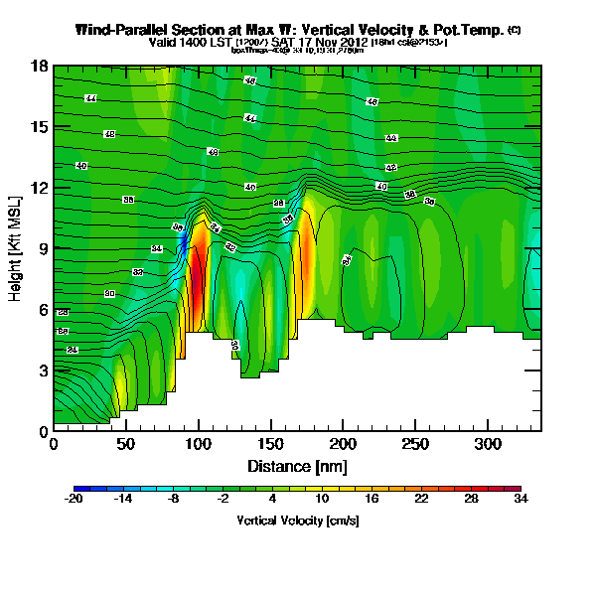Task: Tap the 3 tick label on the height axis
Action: pyautogui.click(x=44, y=371)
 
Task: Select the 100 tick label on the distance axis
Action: pyautogui.click(x=199, y=443)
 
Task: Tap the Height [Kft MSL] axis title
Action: pyautogui.click(x=17, y=248)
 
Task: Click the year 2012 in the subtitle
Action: pyautogui.click(x=351, y=43)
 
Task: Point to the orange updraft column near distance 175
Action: pyautogui.click(x=307, y=253)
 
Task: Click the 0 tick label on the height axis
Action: pyautogui.click(x=44, y=431)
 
